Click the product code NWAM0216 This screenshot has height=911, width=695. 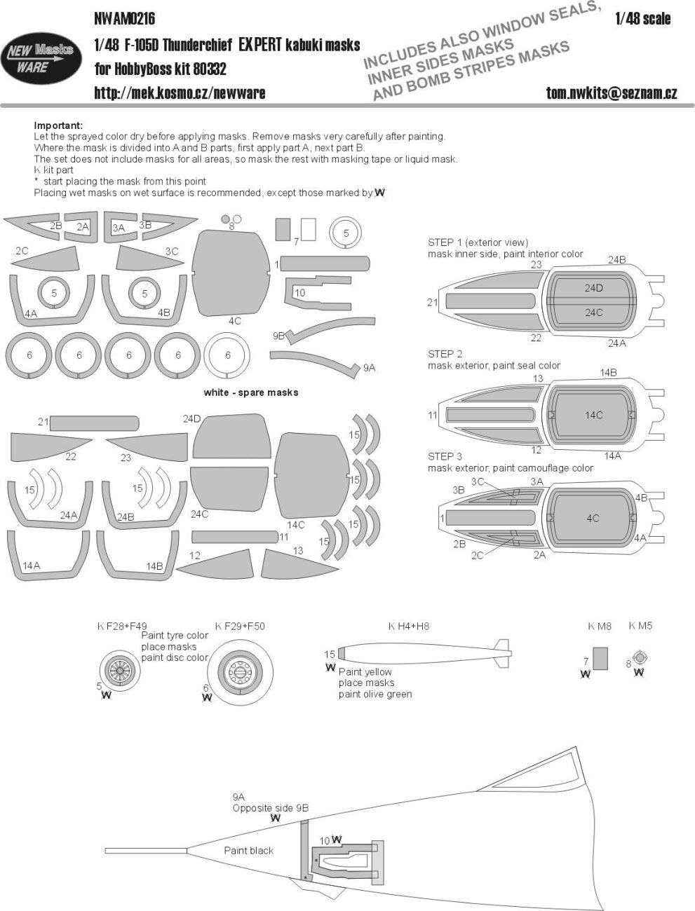coord(125,18)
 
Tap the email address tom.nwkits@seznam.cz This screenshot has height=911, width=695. coord(612,93)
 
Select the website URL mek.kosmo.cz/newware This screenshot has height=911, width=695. coord(180,93)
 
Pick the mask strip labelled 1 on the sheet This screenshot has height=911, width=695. coord(325,264)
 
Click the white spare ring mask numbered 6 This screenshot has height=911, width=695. coord(228,355)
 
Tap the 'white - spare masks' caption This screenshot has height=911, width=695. coord(251,392)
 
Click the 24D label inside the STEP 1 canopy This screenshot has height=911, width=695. coord(593,288)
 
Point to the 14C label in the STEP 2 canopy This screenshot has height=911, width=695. coord(593,415)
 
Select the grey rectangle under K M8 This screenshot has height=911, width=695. coord(600,659)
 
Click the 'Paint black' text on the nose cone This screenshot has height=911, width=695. coord(248,850)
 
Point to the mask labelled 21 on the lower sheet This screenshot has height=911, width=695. coord(94,423)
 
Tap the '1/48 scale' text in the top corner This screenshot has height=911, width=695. coord(642,19)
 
